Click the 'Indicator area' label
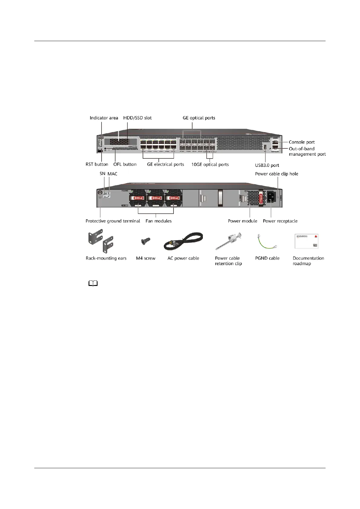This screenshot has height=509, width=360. pos(104,118)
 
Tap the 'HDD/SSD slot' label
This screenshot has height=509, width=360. pos(137,118)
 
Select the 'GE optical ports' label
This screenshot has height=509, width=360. pos(199,118)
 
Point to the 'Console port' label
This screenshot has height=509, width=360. pos(301,142)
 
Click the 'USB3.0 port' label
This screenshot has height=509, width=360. pos(267,165)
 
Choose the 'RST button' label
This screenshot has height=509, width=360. pos(97,164)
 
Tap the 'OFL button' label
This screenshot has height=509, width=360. pos(125,164)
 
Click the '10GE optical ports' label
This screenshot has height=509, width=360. pos(210,164)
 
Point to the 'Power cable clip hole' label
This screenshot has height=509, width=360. pos(277,174)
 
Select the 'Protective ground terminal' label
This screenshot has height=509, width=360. pos(113,221)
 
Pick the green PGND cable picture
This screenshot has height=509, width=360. pos(267,241)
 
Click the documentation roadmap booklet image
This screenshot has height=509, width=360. pos(306,241)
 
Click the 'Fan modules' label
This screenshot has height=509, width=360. pos(158,221)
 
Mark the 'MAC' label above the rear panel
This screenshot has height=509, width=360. pos(112,174)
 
